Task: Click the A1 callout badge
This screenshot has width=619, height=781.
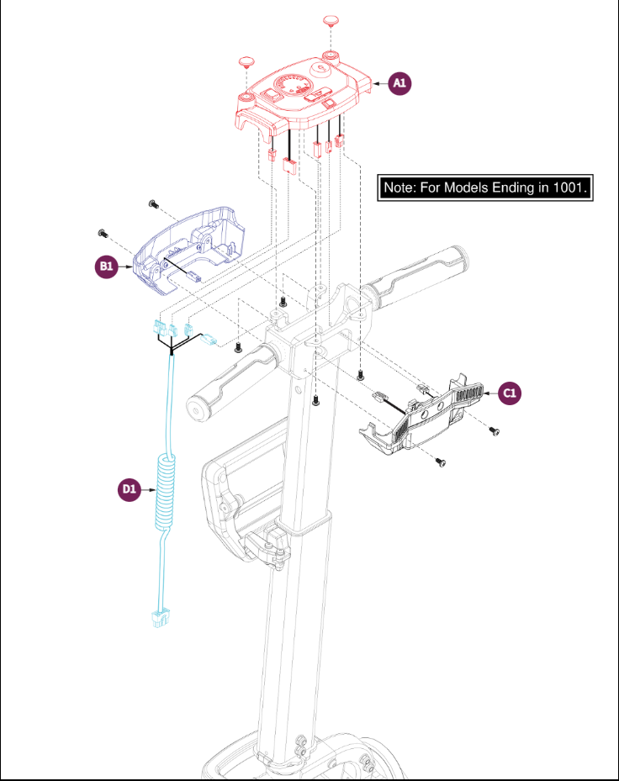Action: pyautogui.click(x=399, y=83)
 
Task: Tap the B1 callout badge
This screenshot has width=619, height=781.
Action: pyautogui.click(x=107, y=266)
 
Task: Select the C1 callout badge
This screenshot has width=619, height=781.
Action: pyautogui.click(x=510, y=393)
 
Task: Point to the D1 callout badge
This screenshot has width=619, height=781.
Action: pyautogui.click(x=129, y=489)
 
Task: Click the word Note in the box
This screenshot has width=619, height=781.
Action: pyautogui.click(x=399, y=187)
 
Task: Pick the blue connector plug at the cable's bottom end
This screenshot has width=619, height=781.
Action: pyautogui.click(x=160, y=618)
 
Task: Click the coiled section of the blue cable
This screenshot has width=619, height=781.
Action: pyautogui.click(x=166, y=491)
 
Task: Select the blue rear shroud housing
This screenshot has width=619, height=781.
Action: pyautogui.click(x=189, y=249)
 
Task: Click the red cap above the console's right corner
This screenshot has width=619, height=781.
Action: pyautogui.click(x=331, y=21)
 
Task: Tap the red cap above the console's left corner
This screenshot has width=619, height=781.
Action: pyautogui.click(x=246, y=61)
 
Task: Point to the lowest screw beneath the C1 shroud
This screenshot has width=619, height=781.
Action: pyautogui.click(x=440, y=462)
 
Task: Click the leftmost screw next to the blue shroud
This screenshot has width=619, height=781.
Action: pyautogui.click(x=103, y=233)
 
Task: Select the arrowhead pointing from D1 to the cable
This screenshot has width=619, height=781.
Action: pyautogui.click(x=152, y=490)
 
